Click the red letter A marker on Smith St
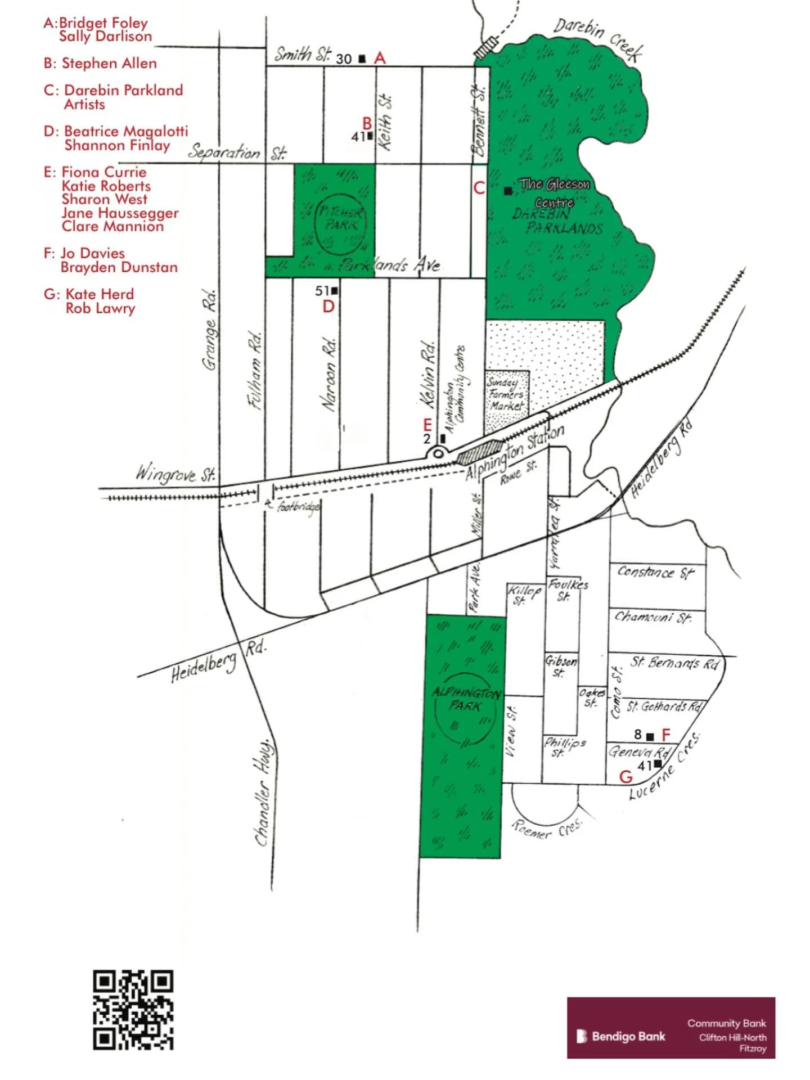(x=380, y=58)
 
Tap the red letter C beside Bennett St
(x=479, y=188)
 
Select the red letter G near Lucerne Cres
(x=625, y=777)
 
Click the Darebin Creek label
(x=598, y=39)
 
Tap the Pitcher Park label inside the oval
(x=341, y=219)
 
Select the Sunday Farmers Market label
(x=506, y=394)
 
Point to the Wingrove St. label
(x=175, y=474)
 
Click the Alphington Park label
(x=466, y=699)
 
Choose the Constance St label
(x=655, y=573)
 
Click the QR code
(x=133, y=1010)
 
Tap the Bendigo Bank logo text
(x=628, y=1036)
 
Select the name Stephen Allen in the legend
(x=109, y=63)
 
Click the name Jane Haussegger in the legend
(x=120, y=213)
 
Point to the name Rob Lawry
(x=100, y=308)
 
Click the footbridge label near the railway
(x=298, y=507)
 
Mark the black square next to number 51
(x=335, y=291)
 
